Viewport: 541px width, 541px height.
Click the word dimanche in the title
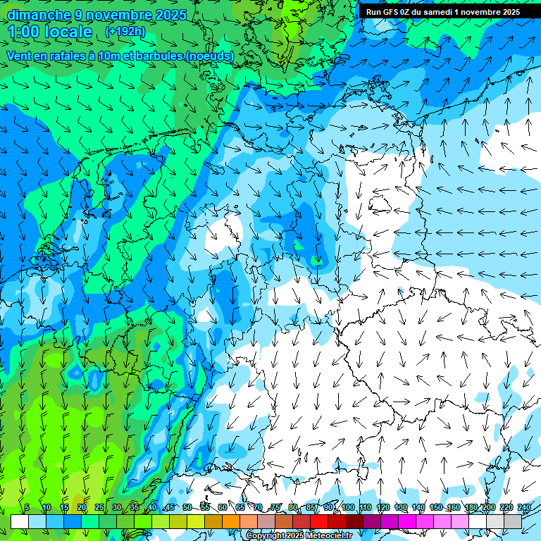39,15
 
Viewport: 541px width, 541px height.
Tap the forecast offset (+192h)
125,32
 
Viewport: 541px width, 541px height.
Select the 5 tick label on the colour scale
27,507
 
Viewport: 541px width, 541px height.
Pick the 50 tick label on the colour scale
187,507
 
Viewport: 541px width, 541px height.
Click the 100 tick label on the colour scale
348,507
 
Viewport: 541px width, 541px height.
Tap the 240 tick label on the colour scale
524,507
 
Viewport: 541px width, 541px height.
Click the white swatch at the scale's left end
20,521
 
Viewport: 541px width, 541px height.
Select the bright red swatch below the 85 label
319,521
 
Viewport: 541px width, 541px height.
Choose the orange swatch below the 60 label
231,521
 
